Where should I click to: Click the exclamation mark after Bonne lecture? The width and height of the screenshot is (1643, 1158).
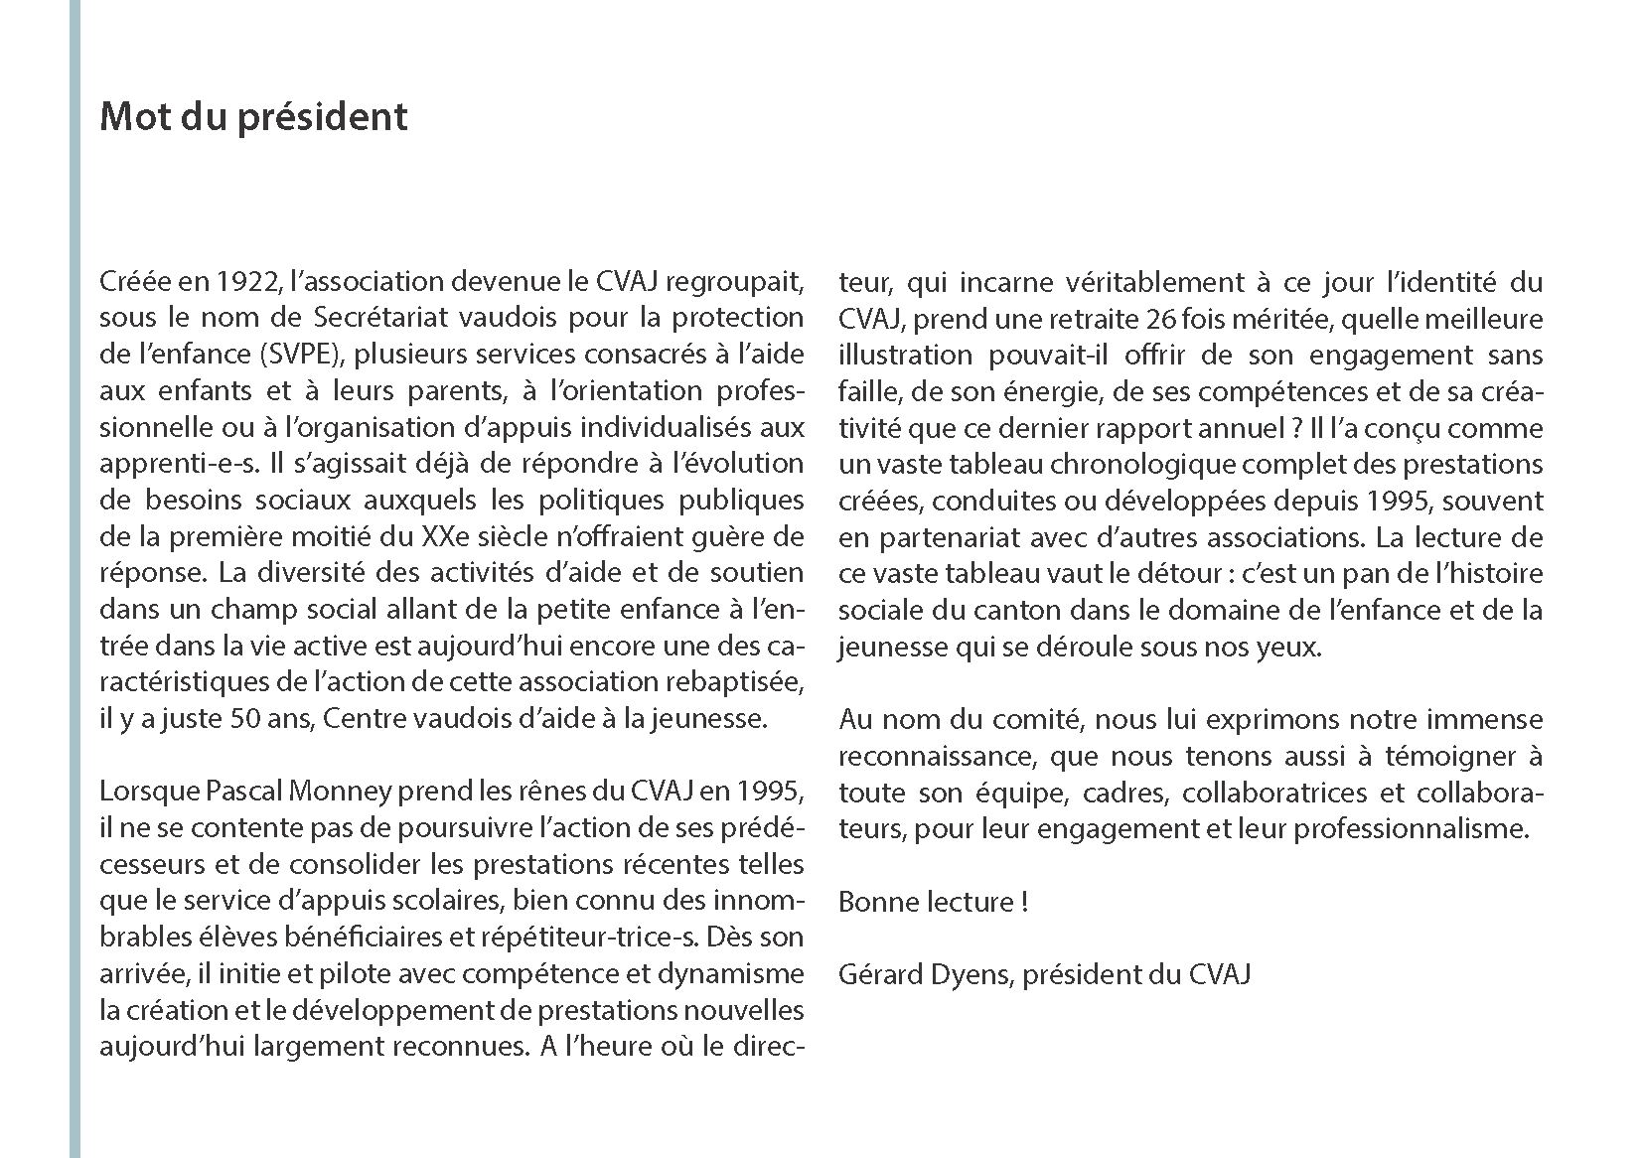1023,902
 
